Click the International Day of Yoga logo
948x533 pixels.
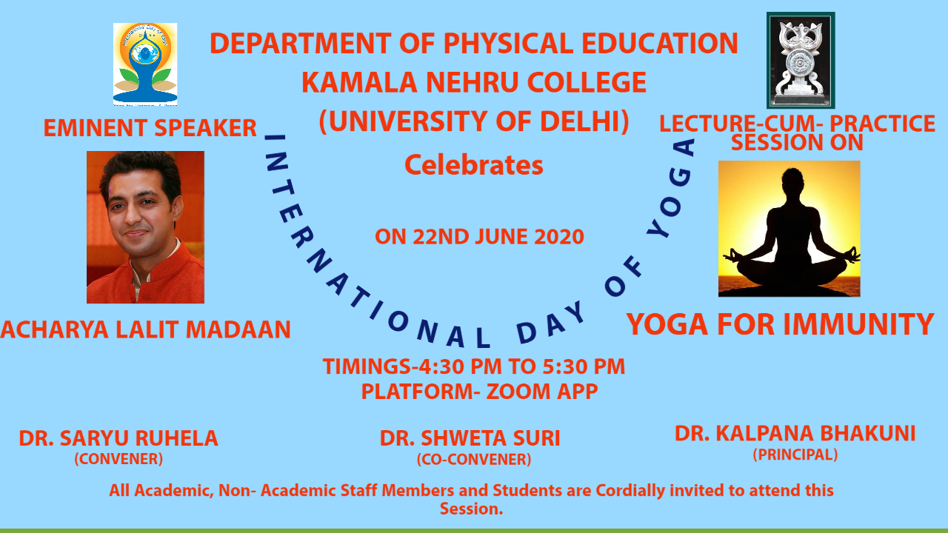pyautogui.click(x=144, y=64)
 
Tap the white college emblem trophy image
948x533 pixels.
pyautogui.click(x=801, y=60)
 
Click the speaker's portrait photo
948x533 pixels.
pyautogui.click(x=146, y=227)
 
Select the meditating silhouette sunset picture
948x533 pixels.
pyautogui.click(x=790, y=229)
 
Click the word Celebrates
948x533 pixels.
pyautogui.click(x=474, y=165)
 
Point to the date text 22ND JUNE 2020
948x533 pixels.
pyautogui.click(x=498, y=237)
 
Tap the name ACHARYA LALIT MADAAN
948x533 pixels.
pyautogui.click(x=146, y=329)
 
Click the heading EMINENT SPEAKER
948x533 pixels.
pyautogui.click(x=150, y=128)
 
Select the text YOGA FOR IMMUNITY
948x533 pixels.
pyautogui.click(x=780, y=324)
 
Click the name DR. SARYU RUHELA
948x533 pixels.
pyautogui.click(x=118, y=438)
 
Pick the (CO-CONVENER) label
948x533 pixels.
pyautogui.click(x=474, y=460)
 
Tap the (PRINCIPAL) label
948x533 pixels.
pyautogui.click(x=795, y=455)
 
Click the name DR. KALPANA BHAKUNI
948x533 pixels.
pyautogui.click(x=795, y=434)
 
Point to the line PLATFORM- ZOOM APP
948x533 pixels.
pyautogui.click(x=479, y=392)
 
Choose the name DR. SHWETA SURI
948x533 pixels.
pyautogui.click(x=470, y=438)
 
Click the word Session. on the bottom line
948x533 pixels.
pyautogui.click(x=472, y=509)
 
